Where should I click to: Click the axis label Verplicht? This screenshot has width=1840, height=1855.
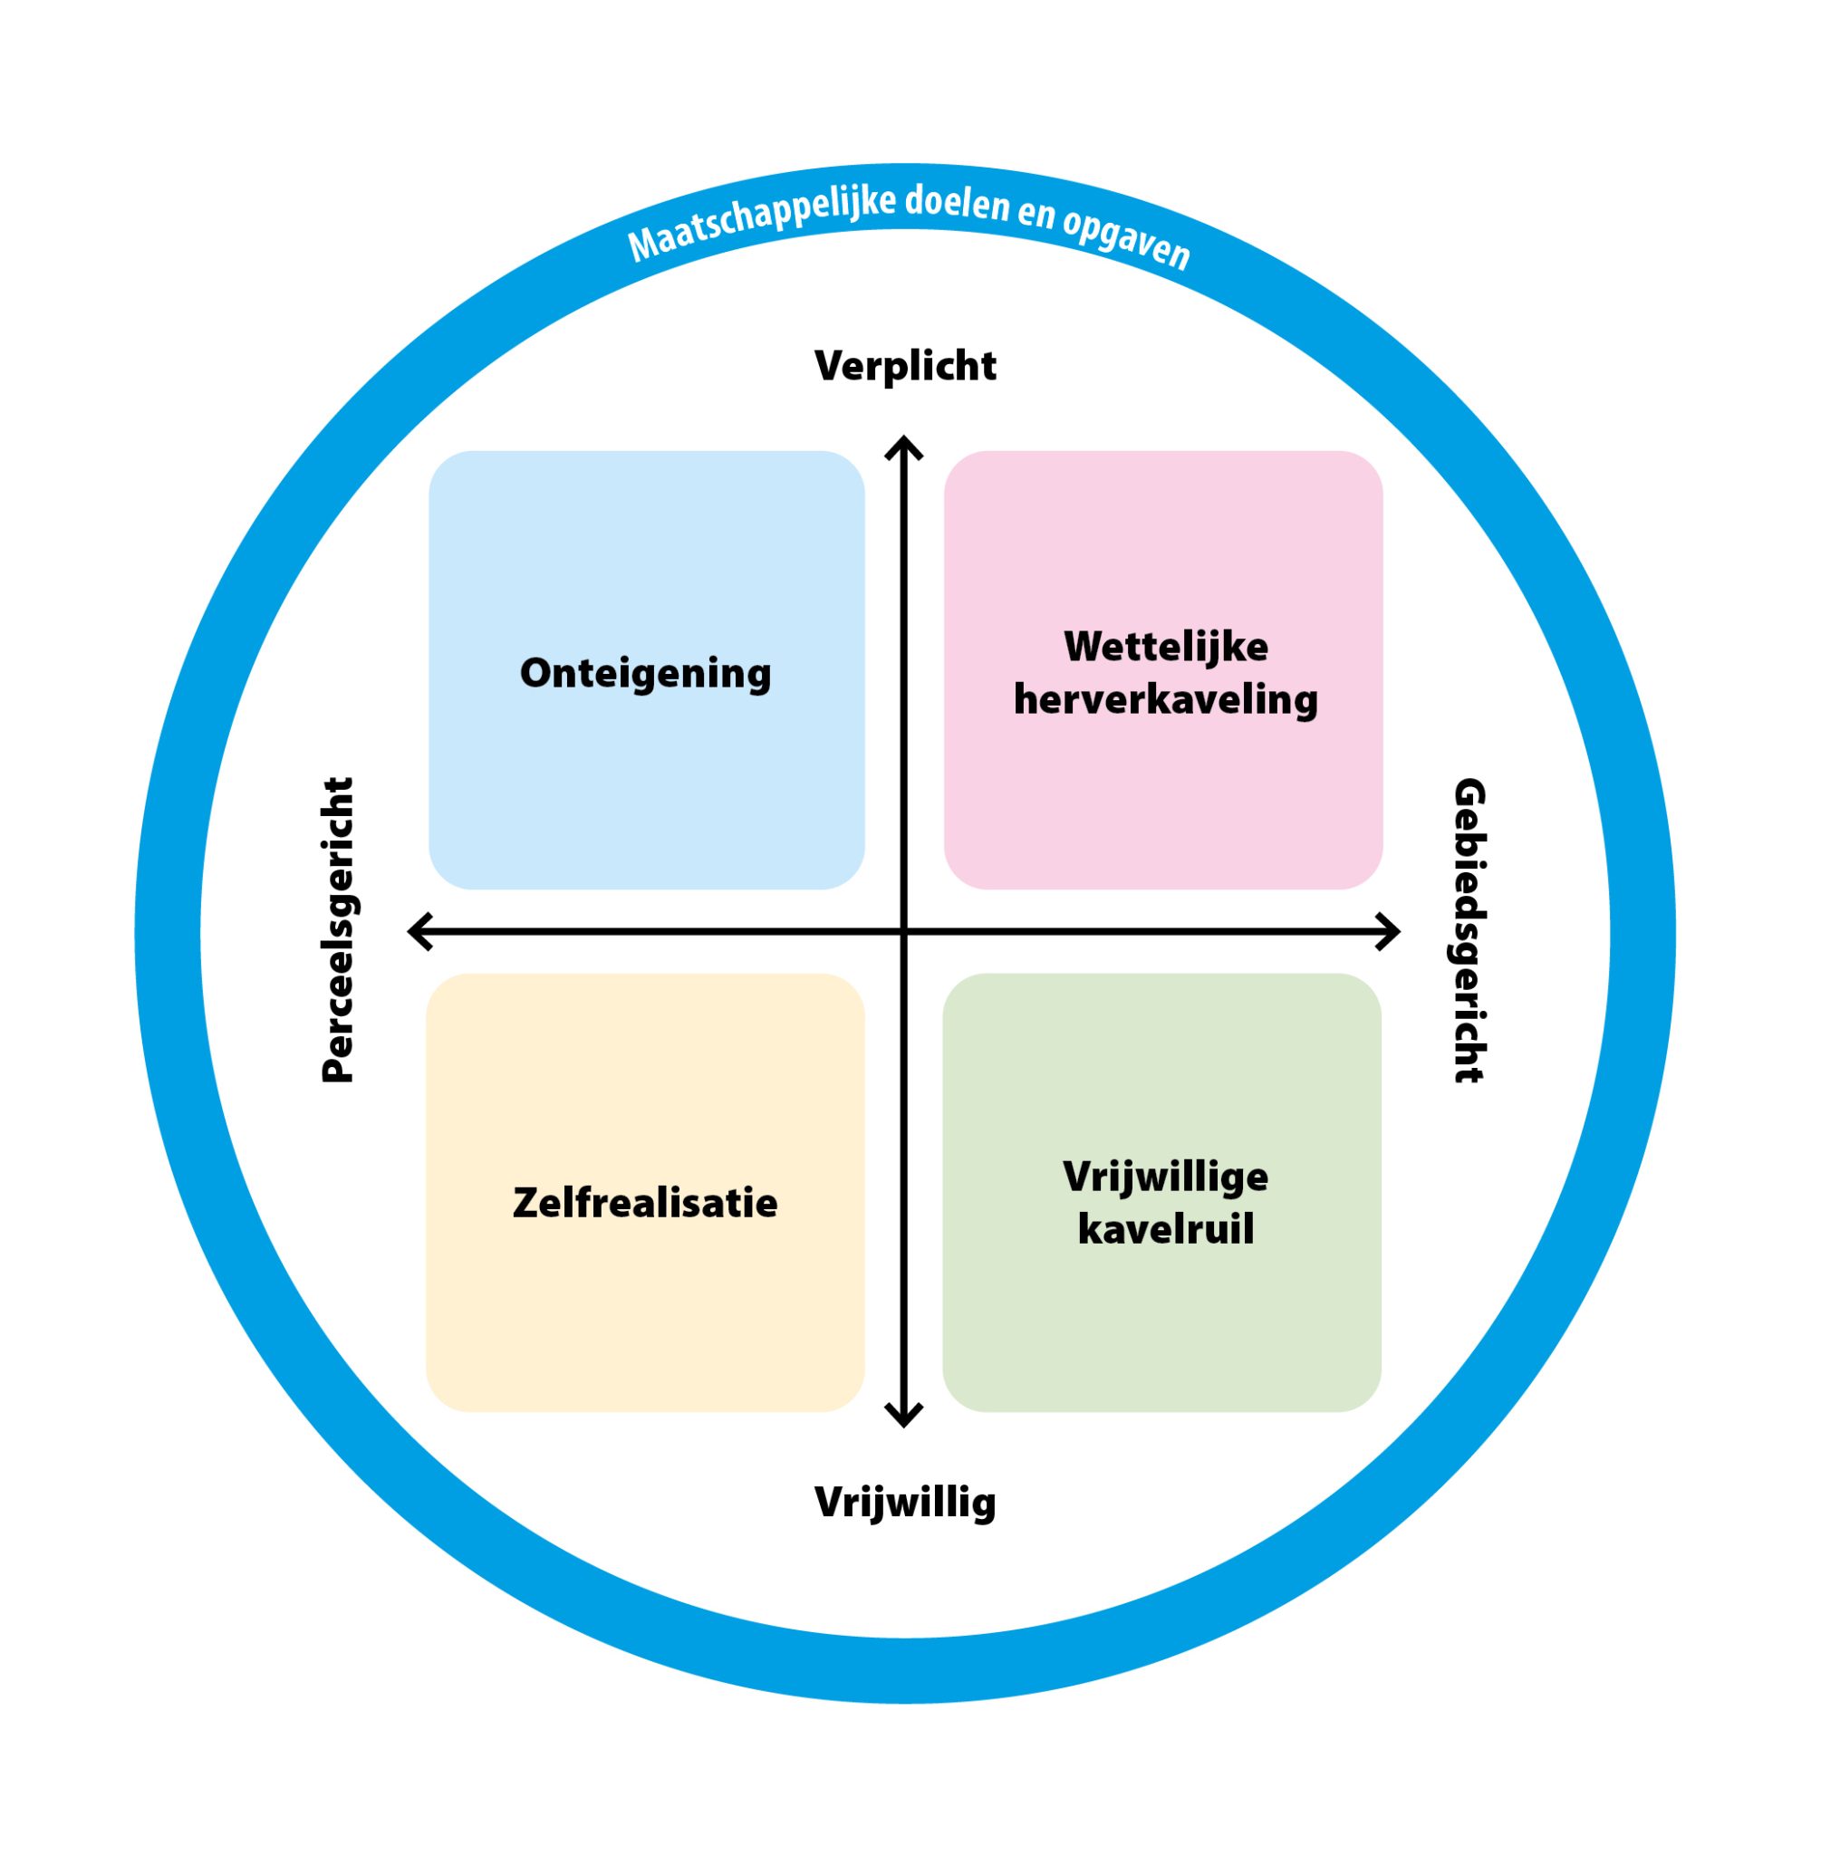tap(905, 366)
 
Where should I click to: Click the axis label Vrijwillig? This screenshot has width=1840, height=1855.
tap(905, 1502)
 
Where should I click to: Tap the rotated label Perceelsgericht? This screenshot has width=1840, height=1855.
tap(337, 929)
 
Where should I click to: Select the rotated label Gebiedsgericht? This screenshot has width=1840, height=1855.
tap(1469, 929)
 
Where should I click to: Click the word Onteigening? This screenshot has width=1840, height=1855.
tap(645, 673)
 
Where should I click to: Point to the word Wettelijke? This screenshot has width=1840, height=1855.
tap(1166, 646)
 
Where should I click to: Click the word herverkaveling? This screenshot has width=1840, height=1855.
tap(1166, 699)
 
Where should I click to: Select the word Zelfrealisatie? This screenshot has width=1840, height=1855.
tap(645, 1203)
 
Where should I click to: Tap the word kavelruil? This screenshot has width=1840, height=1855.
tap(1166, 1230)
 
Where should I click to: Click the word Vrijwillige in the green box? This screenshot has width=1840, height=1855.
tap(1166, 1177)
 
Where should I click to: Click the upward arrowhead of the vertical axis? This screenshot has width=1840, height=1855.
tap(903, 446)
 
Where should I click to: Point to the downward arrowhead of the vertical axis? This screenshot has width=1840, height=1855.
tap(903, 1416)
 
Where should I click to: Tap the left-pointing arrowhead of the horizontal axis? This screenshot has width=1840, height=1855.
tap(418, 931)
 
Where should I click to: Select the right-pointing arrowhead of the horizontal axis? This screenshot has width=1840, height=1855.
tap(1391, 931)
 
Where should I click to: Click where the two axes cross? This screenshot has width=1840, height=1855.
tap(903, 931)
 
